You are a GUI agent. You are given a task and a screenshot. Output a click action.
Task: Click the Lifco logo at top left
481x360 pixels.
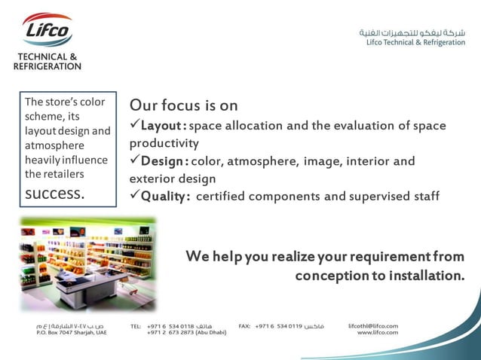47,32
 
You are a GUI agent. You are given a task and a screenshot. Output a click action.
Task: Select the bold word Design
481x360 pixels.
162,161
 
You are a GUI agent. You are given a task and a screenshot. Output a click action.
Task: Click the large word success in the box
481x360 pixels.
55,193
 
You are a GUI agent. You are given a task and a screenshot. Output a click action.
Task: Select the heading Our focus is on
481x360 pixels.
184,105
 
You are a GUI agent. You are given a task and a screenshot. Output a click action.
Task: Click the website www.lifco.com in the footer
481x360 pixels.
377,332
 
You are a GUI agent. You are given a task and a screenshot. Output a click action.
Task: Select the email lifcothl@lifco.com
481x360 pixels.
373,325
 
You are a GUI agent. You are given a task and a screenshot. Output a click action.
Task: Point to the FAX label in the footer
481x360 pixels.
244,326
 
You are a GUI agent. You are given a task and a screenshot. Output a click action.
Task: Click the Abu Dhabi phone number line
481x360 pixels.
186,332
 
